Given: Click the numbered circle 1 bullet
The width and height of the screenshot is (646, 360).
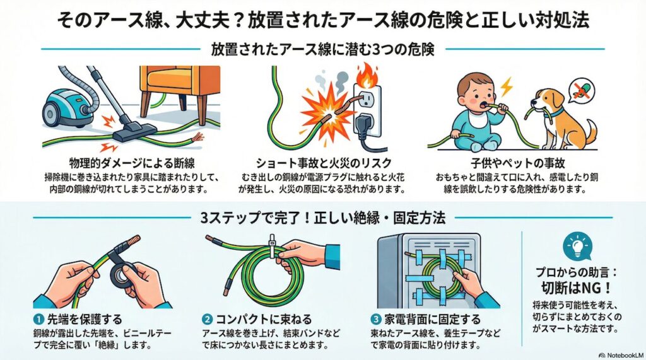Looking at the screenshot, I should [x=38, y=319].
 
